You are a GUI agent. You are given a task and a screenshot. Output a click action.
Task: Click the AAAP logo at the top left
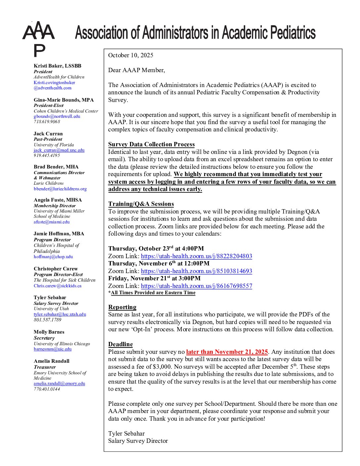tap(39, 39)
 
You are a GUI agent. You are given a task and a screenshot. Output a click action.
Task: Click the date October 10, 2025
tap(131, 55)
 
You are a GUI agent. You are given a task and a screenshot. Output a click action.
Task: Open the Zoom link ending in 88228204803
tap(196, 256)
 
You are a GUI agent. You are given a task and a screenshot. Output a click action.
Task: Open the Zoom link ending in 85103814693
tap(196, 271)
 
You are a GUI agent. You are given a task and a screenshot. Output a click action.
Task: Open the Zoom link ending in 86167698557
tap(196, 286)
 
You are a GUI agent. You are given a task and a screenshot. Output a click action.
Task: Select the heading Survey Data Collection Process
tap(151, 144)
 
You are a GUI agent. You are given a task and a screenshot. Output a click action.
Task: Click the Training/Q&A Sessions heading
tap(141, 204)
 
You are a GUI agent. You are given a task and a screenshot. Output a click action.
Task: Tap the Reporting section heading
tap(122, 307)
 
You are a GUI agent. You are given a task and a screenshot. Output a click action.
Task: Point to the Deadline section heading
tap(120, 344)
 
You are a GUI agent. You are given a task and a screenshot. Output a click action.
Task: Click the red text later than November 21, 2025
tap(227, 352)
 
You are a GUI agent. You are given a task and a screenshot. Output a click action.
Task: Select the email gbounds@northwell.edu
tap(57, 117)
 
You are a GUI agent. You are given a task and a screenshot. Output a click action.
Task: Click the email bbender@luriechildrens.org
tap(60, 189)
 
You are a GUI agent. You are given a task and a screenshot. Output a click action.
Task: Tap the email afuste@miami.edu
tap(52, 222)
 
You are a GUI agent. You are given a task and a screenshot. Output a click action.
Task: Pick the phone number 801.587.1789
tap(47, 320)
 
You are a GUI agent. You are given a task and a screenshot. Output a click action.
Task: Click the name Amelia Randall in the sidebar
tap(51, 361)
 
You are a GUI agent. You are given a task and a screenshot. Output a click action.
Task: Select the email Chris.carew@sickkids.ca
tap(58, 286)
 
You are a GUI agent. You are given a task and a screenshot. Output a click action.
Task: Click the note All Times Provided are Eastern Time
tap(153, 293)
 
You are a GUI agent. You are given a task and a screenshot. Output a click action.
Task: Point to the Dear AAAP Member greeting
tap(136, 70)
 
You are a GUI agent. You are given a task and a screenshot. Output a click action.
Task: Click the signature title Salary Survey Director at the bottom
tap(138, 441)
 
